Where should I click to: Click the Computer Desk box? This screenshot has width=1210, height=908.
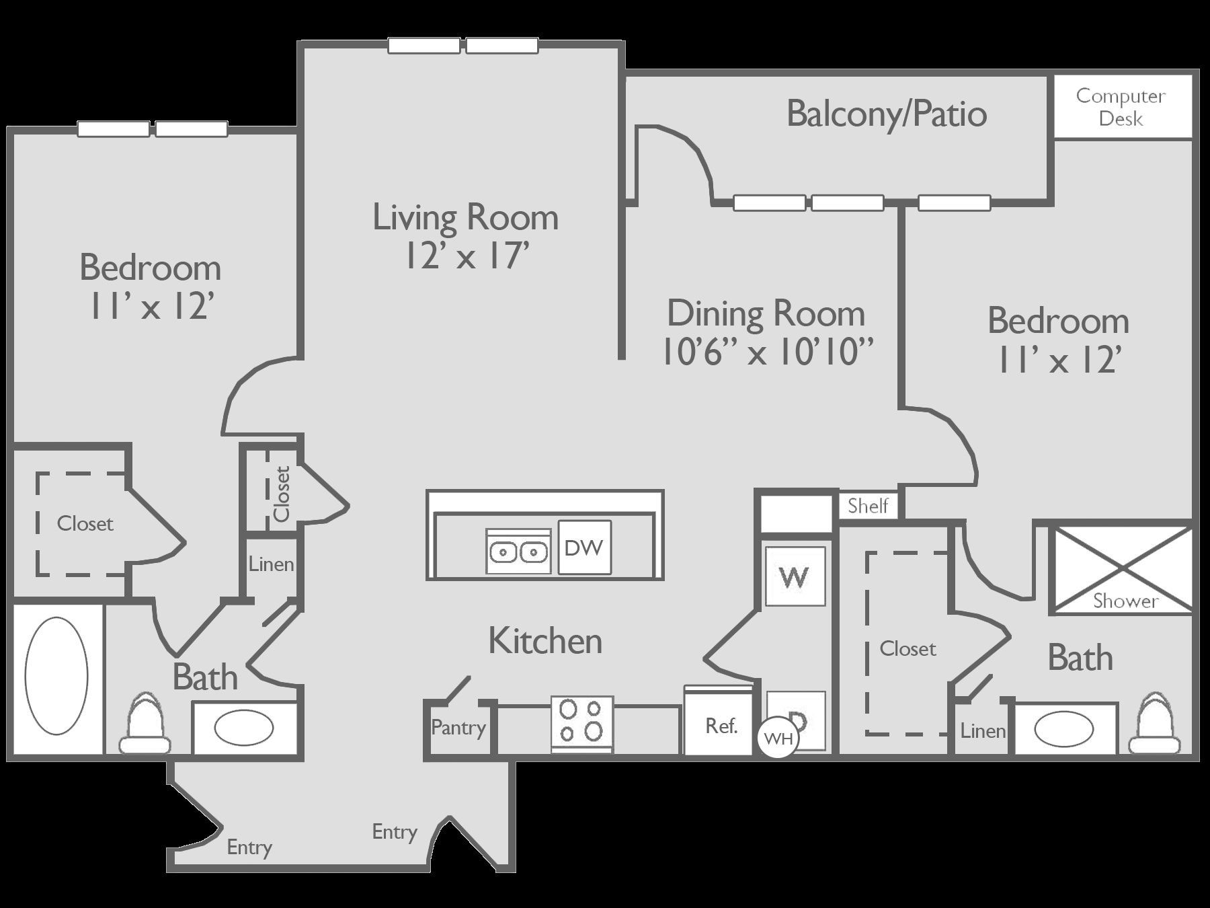click(1122, 107)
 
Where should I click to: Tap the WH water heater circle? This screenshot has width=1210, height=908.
click(778, 739)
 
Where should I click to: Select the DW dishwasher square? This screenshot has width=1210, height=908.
click(584, 547)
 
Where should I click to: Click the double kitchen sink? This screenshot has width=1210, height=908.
click(518, 552)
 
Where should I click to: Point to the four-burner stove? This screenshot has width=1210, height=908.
click(581, 723)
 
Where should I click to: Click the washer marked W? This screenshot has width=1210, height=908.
click(795, 576)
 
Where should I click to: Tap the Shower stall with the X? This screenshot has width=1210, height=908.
click(1121, 570)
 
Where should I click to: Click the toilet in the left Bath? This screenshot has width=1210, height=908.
click(145, 725)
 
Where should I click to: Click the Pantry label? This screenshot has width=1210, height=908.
click(458, 728)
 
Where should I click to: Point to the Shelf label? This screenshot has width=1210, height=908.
click(868, 506)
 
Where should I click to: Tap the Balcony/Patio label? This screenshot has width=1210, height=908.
click(886, 114)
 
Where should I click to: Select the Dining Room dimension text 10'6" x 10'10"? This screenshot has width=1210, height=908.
click(768, 351)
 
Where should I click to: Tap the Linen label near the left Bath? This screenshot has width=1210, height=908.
click(271, 564)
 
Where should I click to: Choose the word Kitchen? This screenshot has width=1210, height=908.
click(544, 641)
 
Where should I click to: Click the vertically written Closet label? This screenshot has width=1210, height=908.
click(281, 494)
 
